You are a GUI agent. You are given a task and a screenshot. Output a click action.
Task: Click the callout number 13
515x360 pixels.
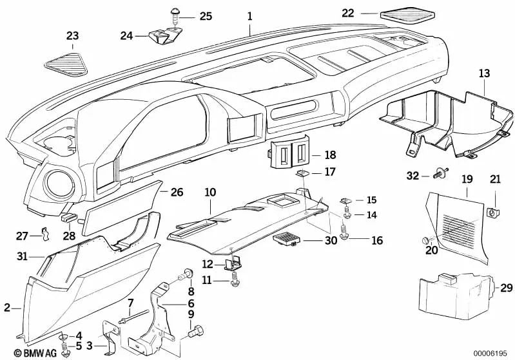483,75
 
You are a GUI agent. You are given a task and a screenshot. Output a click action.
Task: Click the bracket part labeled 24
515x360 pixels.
163,36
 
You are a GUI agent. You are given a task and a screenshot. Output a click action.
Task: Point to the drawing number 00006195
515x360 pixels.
489,354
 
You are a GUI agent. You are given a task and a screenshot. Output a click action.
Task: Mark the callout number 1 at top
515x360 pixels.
250,13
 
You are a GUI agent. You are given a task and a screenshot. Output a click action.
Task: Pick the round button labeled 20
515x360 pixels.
426,240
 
